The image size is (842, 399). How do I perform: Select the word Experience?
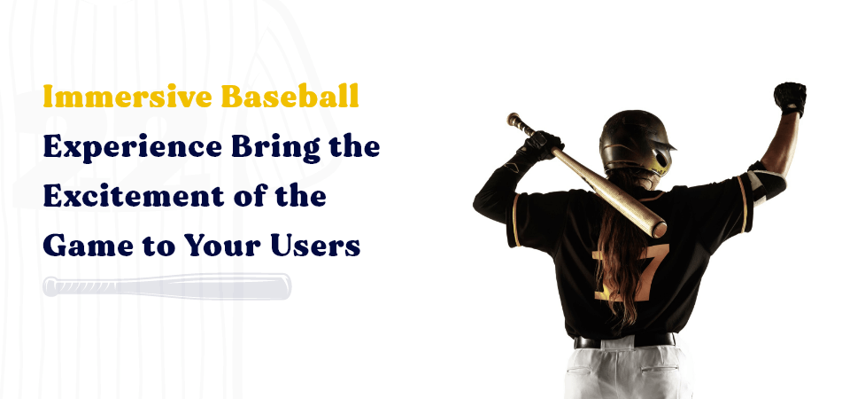coord(120,147)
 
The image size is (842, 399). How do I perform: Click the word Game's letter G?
coord(55,245)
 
